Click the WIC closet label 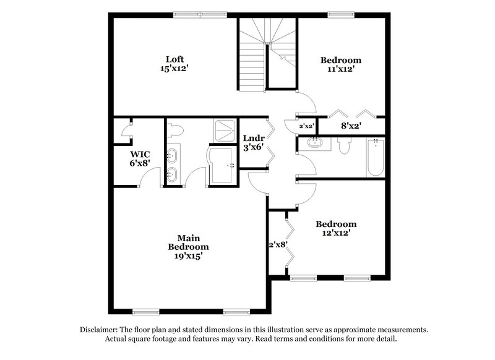(140, 153)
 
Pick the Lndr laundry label (254, 139)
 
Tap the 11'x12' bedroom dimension (340, 70)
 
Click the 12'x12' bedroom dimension (336, 233)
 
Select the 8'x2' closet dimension (351, 126)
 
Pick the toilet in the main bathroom (176, 131)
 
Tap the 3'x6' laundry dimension (254, 148)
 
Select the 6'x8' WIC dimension (140, 163)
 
